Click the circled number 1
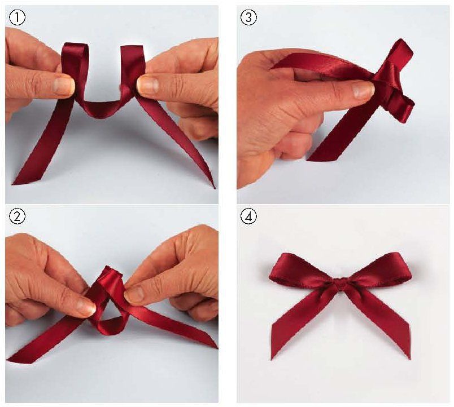(17, 17)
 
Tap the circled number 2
(17, 217)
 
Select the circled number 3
(248, 17)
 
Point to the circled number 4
(248, 217)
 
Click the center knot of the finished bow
(341, 284)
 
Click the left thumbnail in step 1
(64, 86)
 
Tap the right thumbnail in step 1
(148, 85)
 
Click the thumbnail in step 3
(364, 89)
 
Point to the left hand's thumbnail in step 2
(86, 308)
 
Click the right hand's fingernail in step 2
(134, 294)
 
